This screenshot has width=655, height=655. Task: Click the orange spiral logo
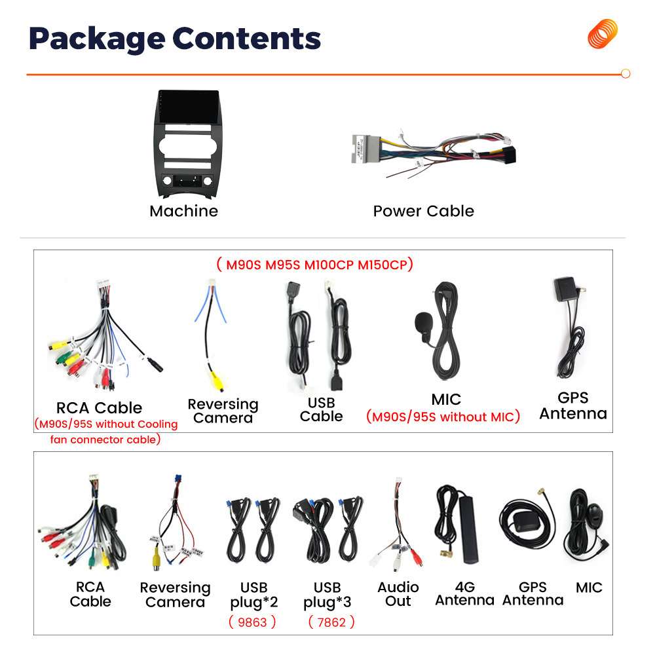point(603,33)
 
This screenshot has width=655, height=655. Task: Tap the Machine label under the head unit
point(183,211)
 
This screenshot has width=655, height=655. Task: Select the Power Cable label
point(423,211)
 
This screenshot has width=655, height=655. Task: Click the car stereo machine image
point(187,144)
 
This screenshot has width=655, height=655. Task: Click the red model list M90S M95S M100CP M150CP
point(314,265)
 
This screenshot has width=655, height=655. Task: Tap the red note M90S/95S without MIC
point(443,417)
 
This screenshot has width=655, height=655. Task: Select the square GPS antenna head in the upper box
point(565,289)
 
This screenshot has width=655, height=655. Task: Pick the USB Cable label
point(321,409)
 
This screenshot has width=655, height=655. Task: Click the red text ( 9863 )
point(252,622)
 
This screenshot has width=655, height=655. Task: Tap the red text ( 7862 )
point(331,622)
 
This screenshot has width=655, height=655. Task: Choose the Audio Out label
point(398,594)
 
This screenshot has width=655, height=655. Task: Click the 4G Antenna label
point(464,593)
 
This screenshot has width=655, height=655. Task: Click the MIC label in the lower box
point(589,588)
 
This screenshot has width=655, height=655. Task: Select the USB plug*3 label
point(327,594)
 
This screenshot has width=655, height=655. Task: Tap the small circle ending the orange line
point(625,74)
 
